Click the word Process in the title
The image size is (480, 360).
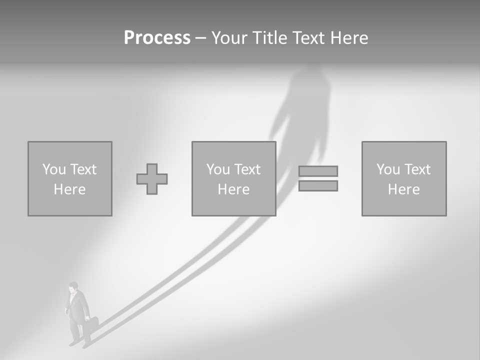coord(157,38)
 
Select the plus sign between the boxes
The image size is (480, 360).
coord(152,179)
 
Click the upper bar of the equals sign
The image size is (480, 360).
coord(318,171)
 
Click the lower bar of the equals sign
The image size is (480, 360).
coord(318,186)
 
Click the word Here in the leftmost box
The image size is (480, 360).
coord(69,189)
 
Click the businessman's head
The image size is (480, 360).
coord(73,287)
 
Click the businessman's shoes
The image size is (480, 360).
coord(80,344)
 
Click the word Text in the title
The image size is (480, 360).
coord(307,38)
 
